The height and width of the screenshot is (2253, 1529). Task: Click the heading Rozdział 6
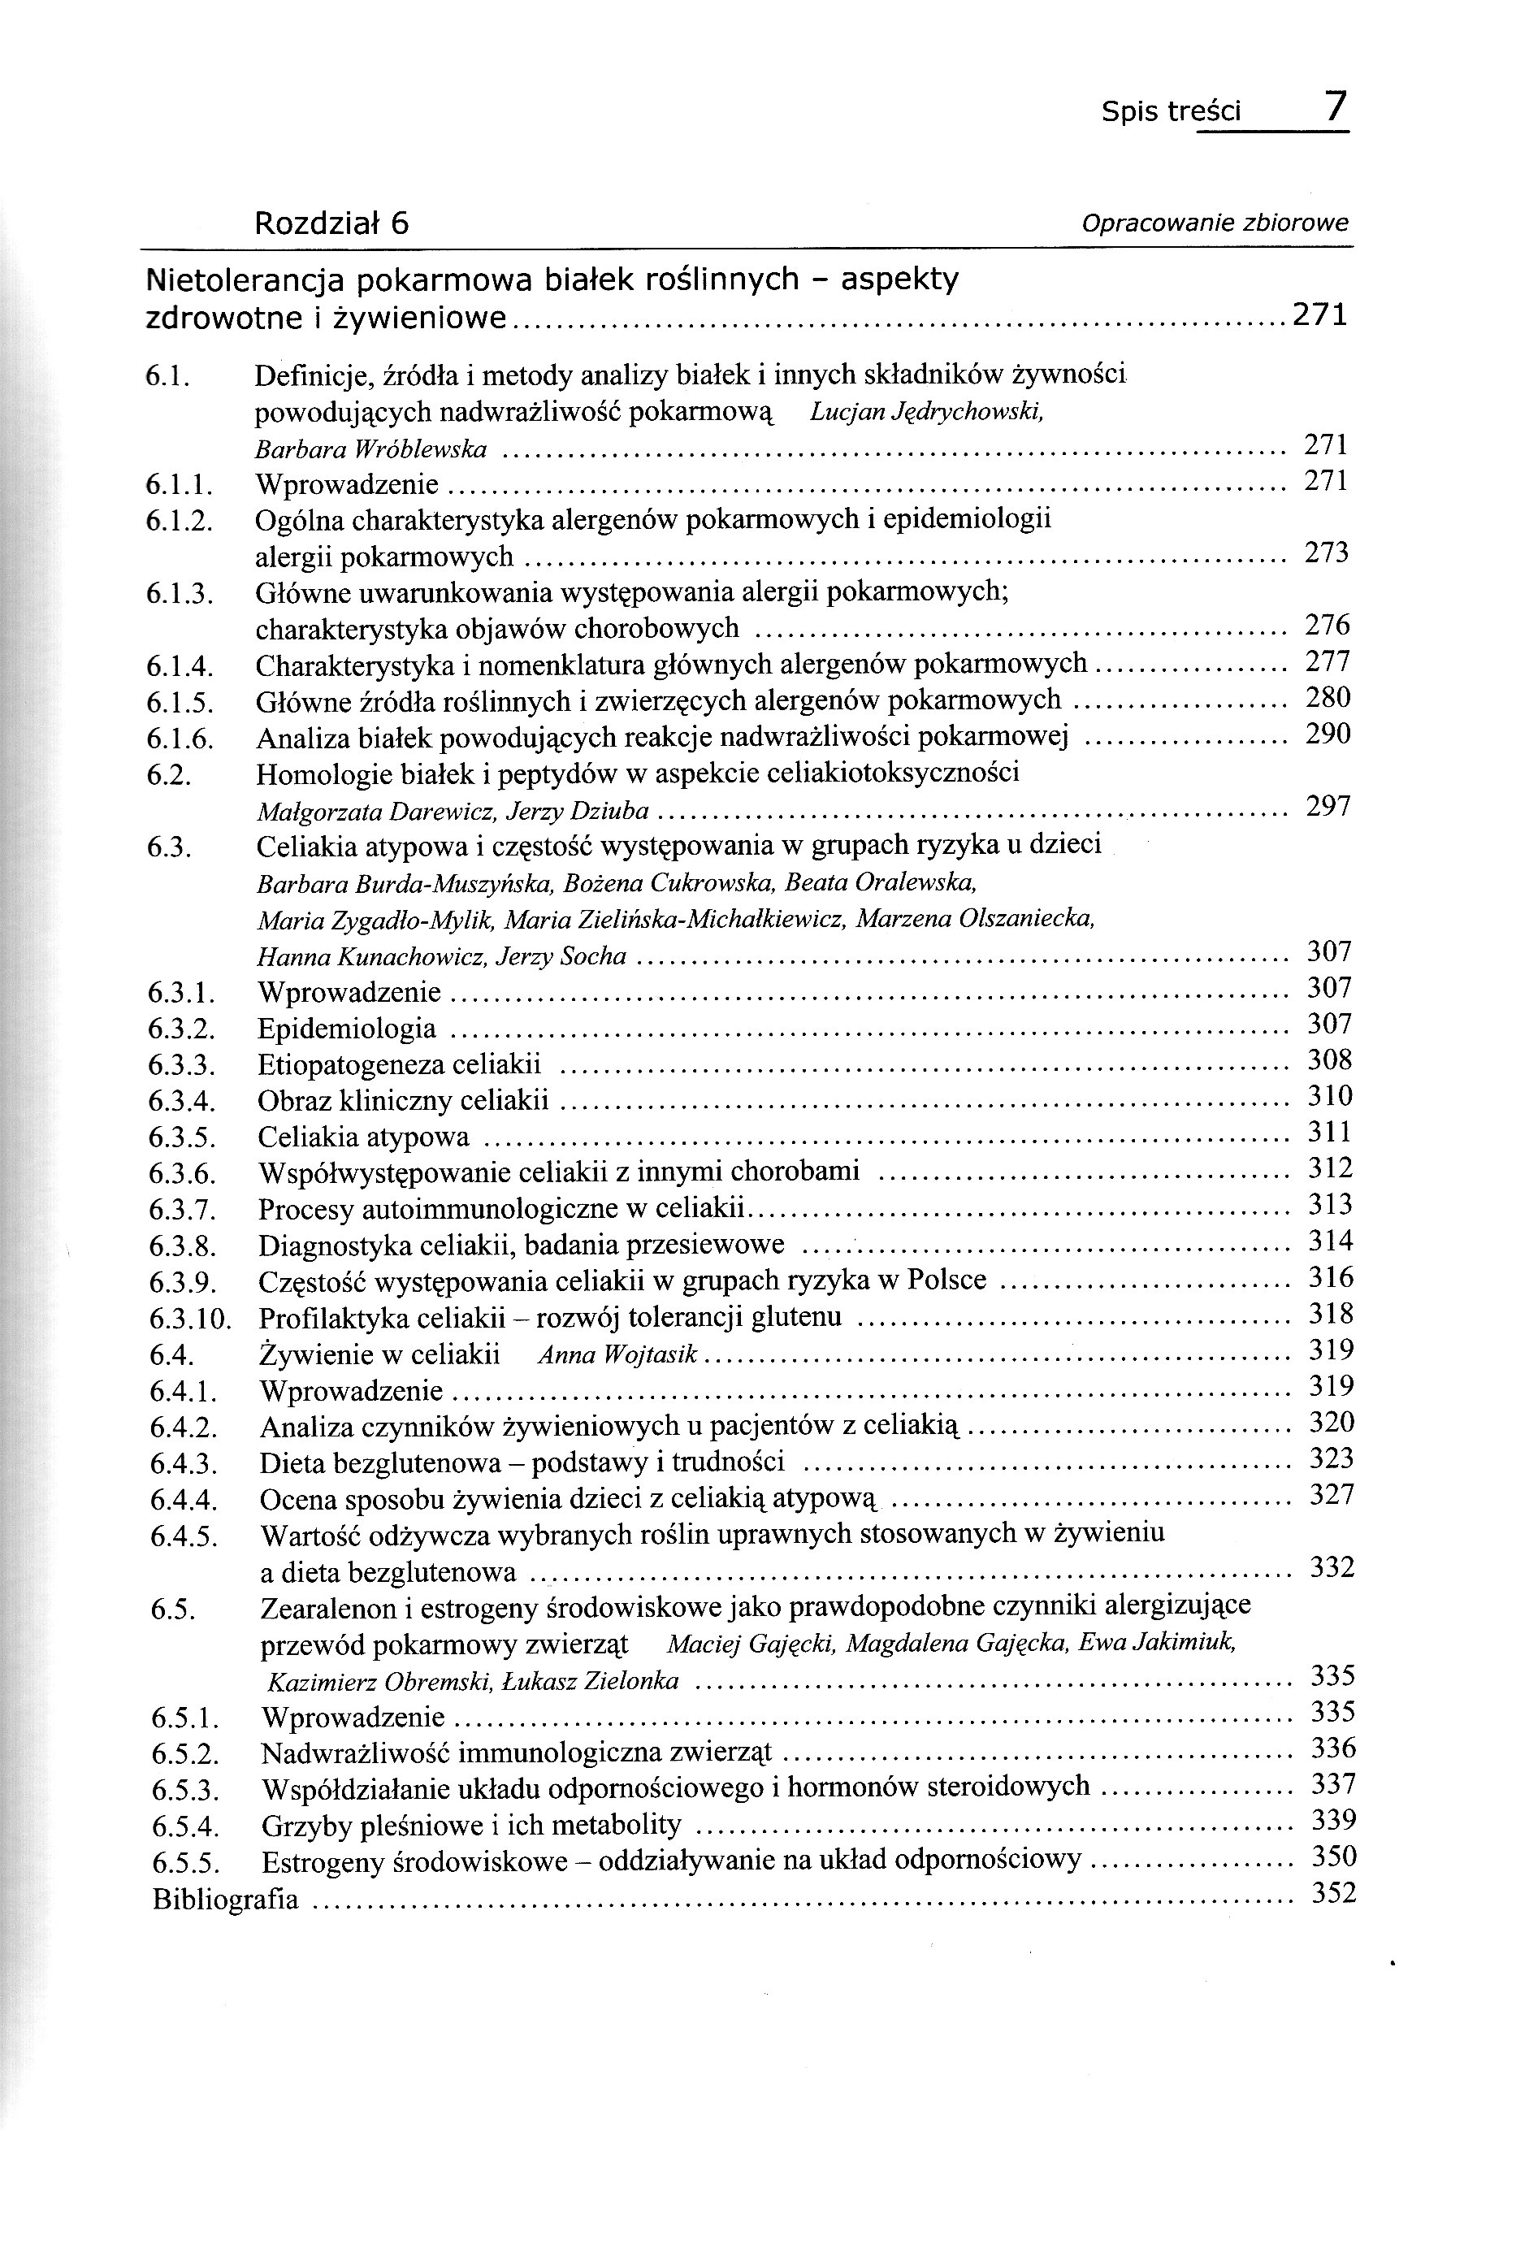pyautogui.click(x=331, y=224)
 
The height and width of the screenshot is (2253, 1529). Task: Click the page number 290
pyautogui.click(x=1328, y=734)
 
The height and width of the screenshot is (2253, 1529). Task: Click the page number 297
pyautogui.click(x=1328, y=807)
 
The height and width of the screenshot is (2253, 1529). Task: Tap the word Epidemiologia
pyautogui.click(x=347, y=1029)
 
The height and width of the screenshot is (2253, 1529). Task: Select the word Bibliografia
pyautogui.click(x=226, y=1899)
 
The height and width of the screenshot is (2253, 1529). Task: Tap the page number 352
pyautogui.click(x=1333, y=1893)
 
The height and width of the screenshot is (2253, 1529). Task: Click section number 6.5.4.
pyautogui.click(x=184, y=1827)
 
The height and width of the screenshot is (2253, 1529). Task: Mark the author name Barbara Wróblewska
pyautogui.click(x=370, y=450)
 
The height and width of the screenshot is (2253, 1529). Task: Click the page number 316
pyautogui.click(x=1330, y=1278)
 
